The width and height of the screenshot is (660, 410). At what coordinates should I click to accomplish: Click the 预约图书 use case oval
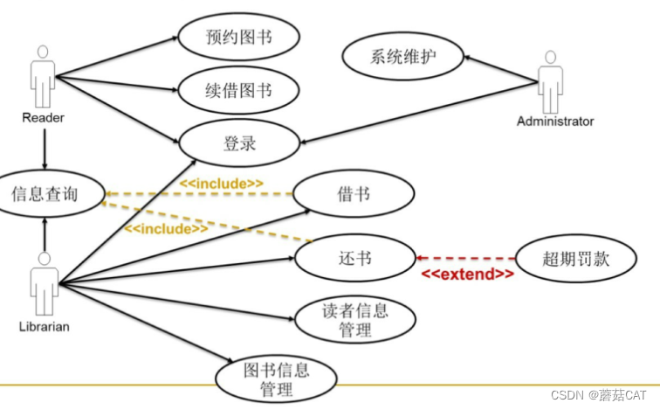point(239,36)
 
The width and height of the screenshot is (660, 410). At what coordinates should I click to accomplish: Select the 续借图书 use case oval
point(239,90)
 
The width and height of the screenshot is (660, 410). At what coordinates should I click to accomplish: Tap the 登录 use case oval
point(239,142)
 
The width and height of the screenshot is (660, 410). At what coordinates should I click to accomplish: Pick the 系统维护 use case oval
point(402,59)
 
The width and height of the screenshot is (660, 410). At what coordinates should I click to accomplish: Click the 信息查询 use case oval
point(46,194)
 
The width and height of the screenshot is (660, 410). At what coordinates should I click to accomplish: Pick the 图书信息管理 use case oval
point(276,379)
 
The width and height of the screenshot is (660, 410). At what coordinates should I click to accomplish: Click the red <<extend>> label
point(468,274)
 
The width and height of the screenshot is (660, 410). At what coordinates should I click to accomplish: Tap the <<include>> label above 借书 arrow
point(222,183)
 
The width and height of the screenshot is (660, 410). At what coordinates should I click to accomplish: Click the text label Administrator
point(555,122)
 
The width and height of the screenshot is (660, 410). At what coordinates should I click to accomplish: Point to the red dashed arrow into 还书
point(467,259)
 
